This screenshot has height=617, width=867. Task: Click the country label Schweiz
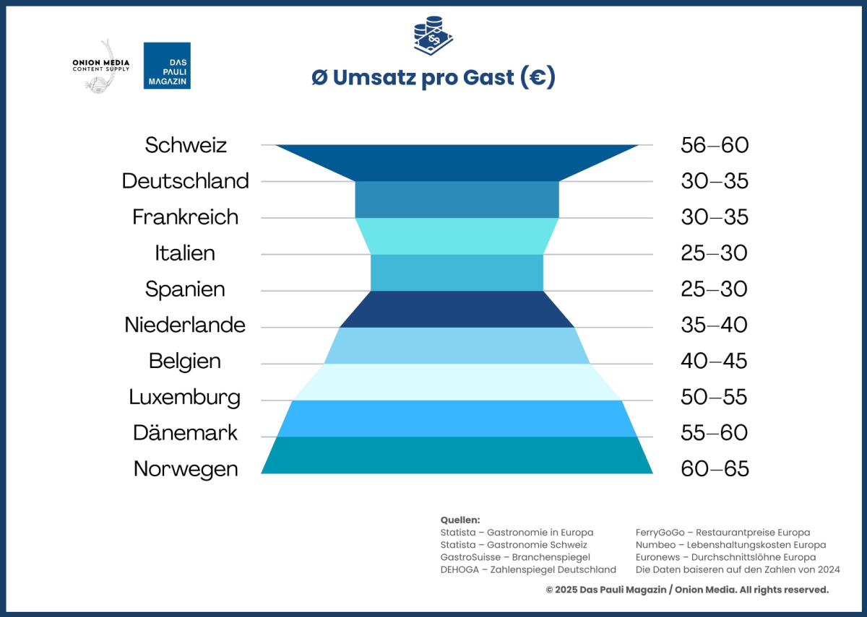[x=186, y=145]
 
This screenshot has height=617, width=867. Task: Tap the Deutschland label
[x=185, y=181]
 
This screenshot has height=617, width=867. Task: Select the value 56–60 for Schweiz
[x=715, y=145]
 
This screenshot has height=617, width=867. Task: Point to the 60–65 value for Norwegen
[x=715, y=469]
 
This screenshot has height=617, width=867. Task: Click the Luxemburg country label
[x=185, y=397]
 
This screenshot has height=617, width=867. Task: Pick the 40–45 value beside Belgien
[x=715, y=361]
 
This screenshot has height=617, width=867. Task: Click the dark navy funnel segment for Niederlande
[x=457, y=309]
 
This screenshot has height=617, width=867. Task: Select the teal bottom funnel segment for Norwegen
[x=457, y=455]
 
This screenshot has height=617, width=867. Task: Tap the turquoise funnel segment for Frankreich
[x=457, y=236]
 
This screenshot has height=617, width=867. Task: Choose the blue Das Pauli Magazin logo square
[x=167, y=66]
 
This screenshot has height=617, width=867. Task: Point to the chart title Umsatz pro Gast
[x=433, y=77]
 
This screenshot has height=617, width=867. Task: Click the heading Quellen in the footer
[x=460, y=520]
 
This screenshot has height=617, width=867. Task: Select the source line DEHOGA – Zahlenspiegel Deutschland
[x=528, y=569]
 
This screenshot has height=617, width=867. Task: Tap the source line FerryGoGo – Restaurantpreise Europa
[x=722, y=533]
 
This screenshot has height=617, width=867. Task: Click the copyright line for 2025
[x=687, y=590]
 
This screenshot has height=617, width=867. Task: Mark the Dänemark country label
[x=186, y=433]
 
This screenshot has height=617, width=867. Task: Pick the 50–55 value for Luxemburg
[x=715, y=397]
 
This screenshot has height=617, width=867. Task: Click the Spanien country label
[x=185, y=289]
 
